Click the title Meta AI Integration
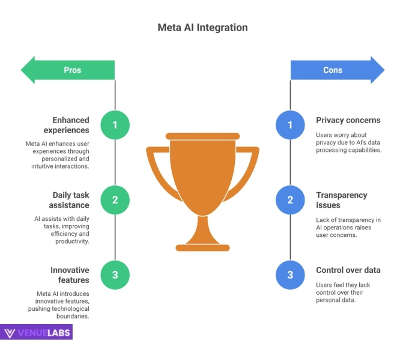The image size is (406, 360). (202, 28)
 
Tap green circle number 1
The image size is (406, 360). (115, 125)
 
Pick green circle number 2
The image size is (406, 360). (115, 200)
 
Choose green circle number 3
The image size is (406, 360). (115, 275)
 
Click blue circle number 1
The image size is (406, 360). (290, 125)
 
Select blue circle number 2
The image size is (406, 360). (290, 200)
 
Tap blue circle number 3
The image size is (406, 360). (290, 275)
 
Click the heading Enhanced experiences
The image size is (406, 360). (67, 125)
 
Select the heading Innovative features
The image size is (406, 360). (70, 275)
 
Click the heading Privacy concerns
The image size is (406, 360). (348, 120)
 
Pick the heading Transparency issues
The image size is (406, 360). (341, 200)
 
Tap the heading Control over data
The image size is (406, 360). (348, 270)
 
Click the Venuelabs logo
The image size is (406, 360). (37, 332)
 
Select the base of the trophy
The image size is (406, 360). (202, 246)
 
